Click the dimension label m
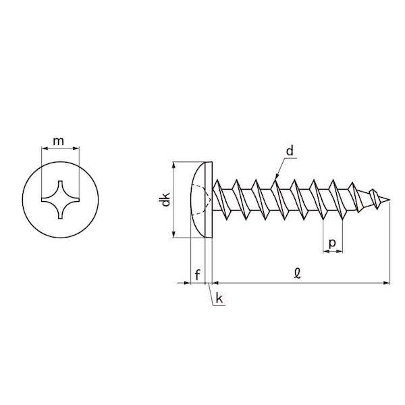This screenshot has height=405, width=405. pyautogui.click(x=58, y=142)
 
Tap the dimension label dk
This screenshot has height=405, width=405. pyautogui.click(x=166, y=199)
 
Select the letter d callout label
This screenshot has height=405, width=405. pyautogui.click(x=290, y=151)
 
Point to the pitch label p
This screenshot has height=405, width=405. pyautogui.click(x=332, y=243)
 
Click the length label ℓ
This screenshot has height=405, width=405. pyautogui.click(x=298, y=273)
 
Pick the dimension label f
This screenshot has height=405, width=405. pyautogui.click(x=197, y=275)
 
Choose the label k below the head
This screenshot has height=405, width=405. pyautogui.click(x=219, y=298)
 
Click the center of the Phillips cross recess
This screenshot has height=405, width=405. pyautogui.click(x=60, y=199)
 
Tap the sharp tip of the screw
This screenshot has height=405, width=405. pyautogui.click(x=389, y=200)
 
